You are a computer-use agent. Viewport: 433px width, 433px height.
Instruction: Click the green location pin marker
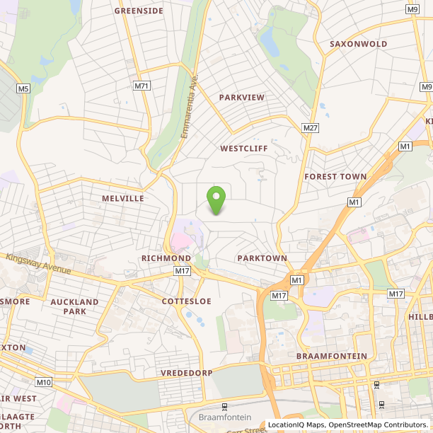click(215, 198)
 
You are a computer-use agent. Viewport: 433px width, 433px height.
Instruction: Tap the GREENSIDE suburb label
click(139, 11)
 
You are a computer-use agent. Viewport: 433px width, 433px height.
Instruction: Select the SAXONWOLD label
click(358, 44)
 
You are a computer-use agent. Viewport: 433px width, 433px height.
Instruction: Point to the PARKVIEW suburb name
click(241, 96)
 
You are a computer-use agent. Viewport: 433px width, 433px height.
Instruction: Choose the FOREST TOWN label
click(335, 176)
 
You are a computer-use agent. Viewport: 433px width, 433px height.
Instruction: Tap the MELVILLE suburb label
click(122, 199)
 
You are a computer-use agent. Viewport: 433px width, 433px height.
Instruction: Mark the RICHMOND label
click(166, 258)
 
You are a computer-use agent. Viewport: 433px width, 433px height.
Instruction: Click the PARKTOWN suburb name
click(262, 258)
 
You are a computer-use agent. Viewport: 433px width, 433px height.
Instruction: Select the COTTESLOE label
click(186, 301)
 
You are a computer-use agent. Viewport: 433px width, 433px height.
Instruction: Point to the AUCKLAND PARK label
click(74, 306)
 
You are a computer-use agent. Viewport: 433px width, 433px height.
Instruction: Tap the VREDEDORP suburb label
click(187, 371)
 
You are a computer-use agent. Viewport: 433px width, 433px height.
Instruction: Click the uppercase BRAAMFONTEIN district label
click(332, 355)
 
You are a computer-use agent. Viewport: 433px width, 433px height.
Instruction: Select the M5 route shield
click(24, 88)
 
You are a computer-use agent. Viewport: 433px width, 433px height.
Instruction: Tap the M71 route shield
click(142, 86)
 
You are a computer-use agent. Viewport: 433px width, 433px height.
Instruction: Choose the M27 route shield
click(310, 127)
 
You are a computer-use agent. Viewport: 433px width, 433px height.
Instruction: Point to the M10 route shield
click(44, 383)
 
